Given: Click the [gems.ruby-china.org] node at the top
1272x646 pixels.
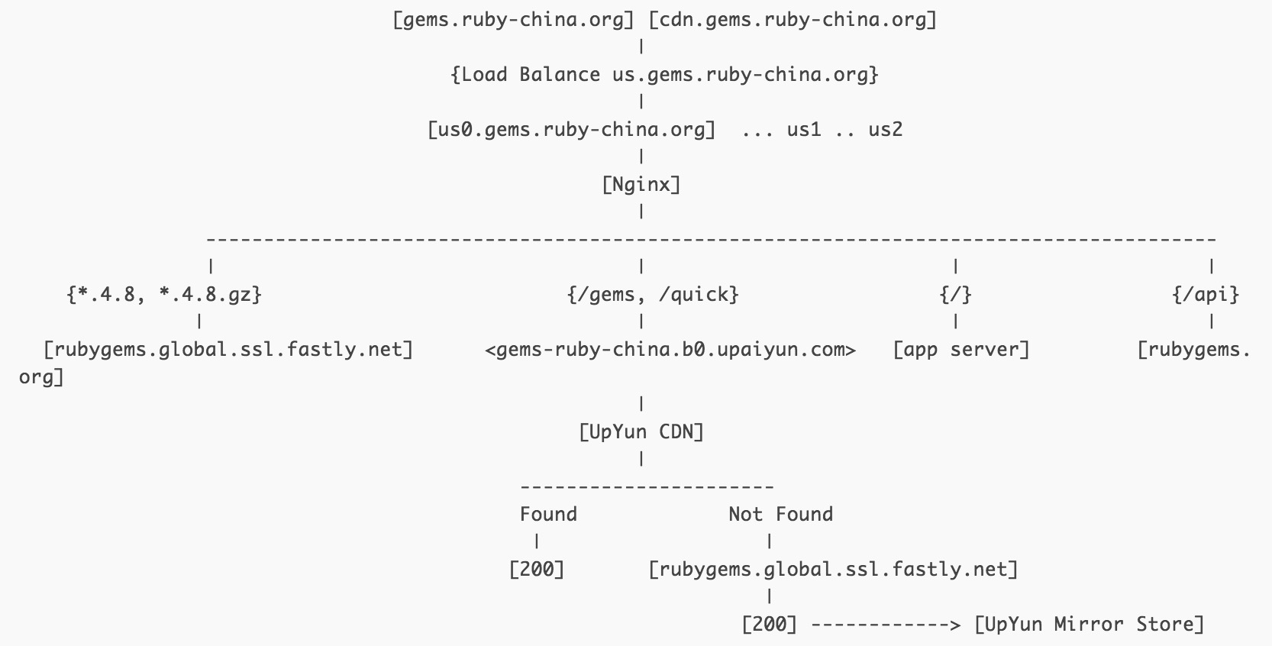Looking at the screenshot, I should pos(513,20).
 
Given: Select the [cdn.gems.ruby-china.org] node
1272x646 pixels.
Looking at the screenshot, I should pos(792,20).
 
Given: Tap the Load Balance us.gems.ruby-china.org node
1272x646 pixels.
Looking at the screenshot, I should pos(664,75).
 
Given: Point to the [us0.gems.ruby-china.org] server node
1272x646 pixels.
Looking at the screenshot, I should pos(572,130).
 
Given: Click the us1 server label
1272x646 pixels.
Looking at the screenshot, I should pos(803,130).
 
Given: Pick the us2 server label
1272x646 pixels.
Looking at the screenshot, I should pos(885,130).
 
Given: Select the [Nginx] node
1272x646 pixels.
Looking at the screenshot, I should pos(641,185).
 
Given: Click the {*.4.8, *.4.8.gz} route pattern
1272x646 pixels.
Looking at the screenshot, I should pos(164,295).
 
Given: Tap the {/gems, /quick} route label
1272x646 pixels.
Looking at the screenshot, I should pos(653,295).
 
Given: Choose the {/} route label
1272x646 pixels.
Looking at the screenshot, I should pos(955,295).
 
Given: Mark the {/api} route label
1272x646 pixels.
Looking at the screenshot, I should pos(1206,295).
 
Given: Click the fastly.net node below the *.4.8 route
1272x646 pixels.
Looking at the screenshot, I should pos(228,350).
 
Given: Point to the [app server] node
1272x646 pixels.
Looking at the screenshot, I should pos(961,350).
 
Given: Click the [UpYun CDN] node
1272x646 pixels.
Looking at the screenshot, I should pos(641,432).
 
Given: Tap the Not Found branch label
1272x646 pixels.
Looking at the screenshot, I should pos(780,515).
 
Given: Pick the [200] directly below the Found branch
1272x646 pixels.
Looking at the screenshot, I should pos(537,570).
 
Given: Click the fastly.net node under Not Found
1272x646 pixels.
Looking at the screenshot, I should pos(833,570).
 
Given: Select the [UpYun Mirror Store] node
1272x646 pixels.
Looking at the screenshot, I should pos(1090,625).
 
